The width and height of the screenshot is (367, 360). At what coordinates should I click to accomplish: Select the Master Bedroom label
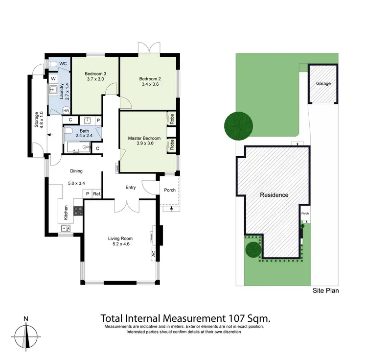coord(144,138)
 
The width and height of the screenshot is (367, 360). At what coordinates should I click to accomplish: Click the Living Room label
coord(120,239)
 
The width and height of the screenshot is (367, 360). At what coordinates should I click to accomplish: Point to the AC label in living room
coord(153,254)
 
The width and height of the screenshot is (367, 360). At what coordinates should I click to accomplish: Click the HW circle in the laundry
coord(66,111)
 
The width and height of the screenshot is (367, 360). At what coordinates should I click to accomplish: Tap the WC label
coord(63,64)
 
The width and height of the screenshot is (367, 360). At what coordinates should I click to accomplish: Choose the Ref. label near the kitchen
coord(97,194)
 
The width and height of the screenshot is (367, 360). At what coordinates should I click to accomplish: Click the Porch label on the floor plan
coord(170,191)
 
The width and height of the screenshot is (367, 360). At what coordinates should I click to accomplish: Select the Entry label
coord(131,187)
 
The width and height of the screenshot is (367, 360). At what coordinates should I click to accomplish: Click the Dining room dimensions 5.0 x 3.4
coord(76,184)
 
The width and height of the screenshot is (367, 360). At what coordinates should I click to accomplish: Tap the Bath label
coord(85,131)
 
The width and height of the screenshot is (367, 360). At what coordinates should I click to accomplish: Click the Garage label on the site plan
coord(323,83)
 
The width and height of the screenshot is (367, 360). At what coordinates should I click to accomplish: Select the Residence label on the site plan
coord(274,194)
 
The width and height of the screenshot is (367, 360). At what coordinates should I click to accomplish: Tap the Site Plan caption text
coord(326,290)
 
